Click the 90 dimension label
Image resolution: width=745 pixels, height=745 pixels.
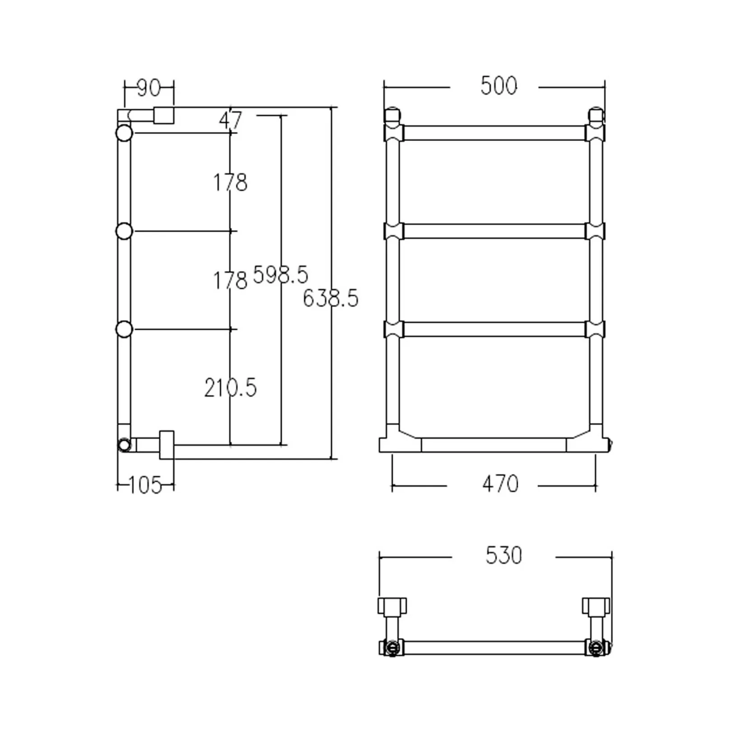pyautogui.click(x=149, y=88)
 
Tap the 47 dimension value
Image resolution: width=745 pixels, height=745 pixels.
pyautogui.click(x=231, y=121)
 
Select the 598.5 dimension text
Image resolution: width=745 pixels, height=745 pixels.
pyautogui.click(x=280, y=275)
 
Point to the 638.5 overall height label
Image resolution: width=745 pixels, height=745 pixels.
pyautogui.click(x=331, y=298)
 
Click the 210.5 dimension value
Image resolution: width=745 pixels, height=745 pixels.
pyautogui.click(x=230, y=388)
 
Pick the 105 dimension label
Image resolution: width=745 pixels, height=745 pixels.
pyautogui.click(x=145, y=486)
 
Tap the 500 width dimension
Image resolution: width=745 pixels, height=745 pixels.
pyautogui.click(x=499, y=86)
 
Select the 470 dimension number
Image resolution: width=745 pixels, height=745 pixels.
pyautogui.click(x=500, y=484)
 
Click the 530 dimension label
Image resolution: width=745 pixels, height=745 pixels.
pyautogui.click(x=504, y=555)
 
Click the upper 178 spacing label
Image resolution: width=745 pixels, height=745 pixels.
pyautogui.click(x=230, y=183)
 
